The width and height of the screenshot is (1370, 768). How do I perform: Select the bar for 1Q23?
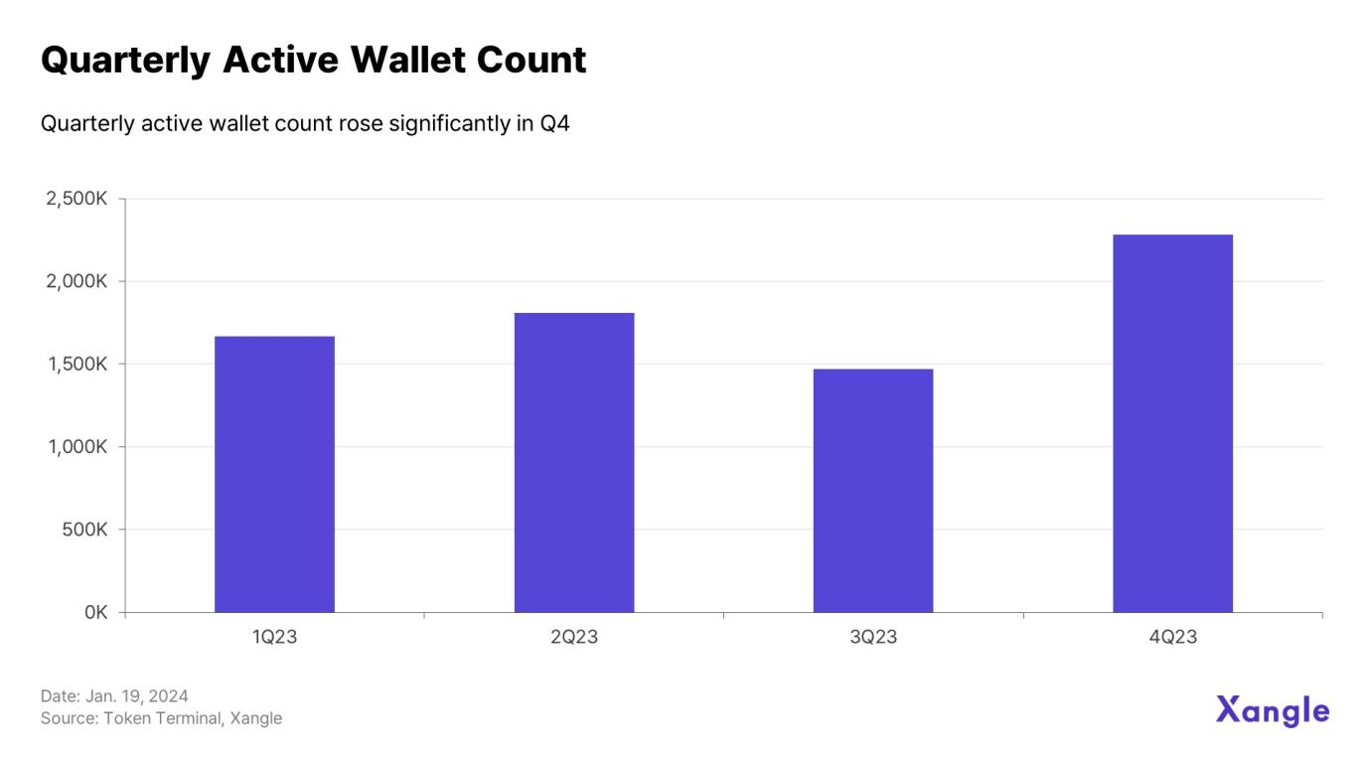coord(274,474)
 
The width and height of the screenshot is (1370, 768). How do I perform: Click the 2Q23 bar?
coord(573,462)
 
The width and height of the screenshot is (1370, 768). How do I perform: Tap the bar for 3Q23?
coord(872,491)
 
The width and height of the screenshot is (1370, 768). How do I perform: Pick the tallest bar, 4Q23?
coord(1172,423)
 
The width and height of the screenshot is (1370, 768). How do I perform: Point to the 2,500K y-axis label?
coord(76,199)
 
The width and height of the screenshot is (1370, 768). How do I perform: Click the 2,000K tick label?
coord(76,281)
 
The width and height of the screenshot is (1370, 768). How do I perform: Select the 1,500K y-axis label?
coord(77,364)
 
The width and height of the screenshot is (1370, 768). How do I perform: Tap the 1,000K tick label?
coord(77,447)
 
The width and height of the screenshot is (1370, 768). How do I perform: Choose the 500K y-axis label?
coord(84,530)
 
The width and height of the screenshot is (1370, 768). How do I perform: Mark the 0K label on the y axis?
coord(95,612)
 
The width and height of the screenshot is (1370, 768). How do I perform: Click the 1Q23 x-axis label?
coord(274,637)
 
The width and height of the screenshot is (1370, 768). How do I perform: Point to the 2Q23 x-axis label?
coord(574,637)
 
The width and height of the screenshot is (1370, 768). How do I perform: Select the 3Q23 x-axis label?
coord(873,637)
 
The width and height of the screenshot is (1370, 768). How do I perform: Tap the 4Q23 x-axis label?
coord(1172,637)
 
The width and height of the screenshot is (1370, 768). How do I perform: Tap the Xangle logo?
coord(1272,710)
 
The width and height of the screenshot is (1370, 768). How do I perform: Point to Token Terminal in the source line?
coord(162,718)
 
